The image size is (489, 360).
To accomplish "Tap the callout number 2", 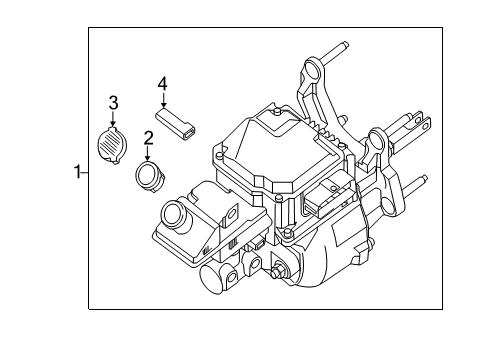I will [x=147, y=138].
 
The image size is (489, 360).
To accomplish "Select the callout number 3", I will [x=114, y=102].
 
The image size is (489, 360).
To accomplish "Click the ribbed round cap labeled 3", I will [x=113, y=143].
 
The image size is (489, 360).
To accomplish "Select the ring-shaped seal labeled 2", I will [x=149, y=177].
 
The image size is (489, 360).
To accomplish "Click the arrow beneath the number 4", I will [x=163, y=103].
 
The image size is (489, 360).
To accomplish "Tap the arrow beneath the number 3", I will [x=114, y=120].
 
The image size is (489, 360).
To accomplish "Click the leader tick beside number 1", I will [x=84, y=173].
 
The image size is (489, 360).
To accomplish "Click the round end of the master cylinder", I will [x=213, y=279].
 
